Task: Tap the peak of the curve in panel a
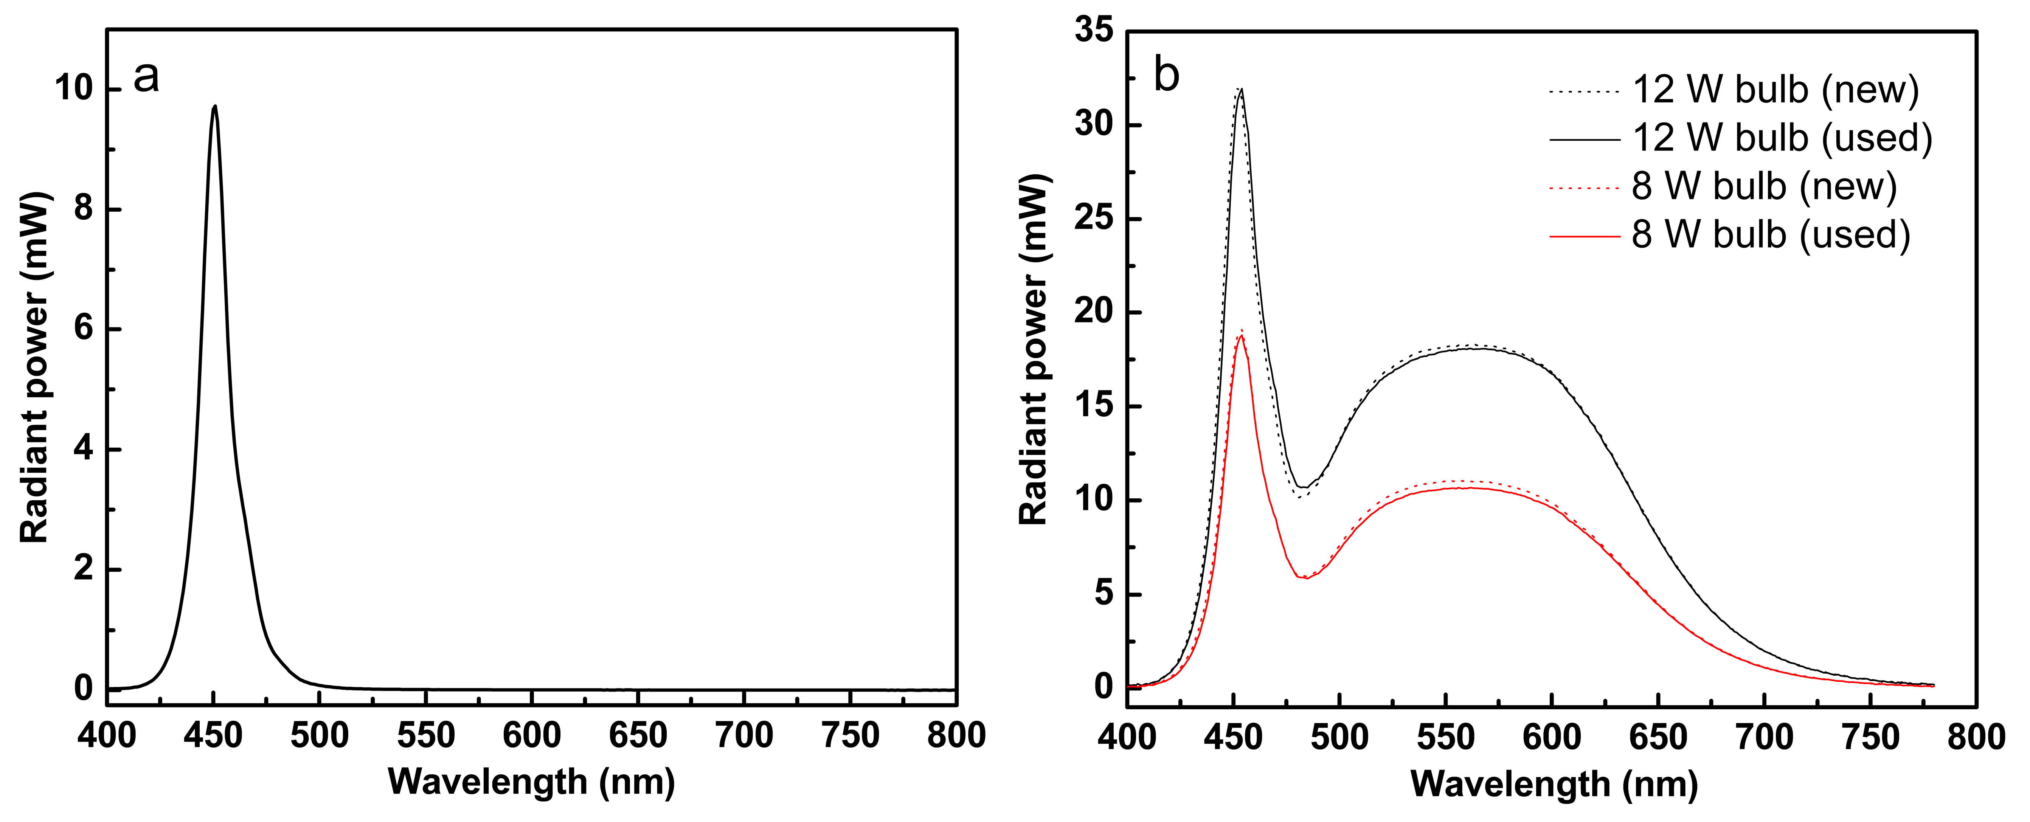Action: (214, 106)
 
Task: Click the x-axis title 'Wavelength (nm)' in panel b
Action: (1554, 784)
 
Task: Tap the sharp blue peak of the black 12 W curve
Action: (1241, 89)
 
